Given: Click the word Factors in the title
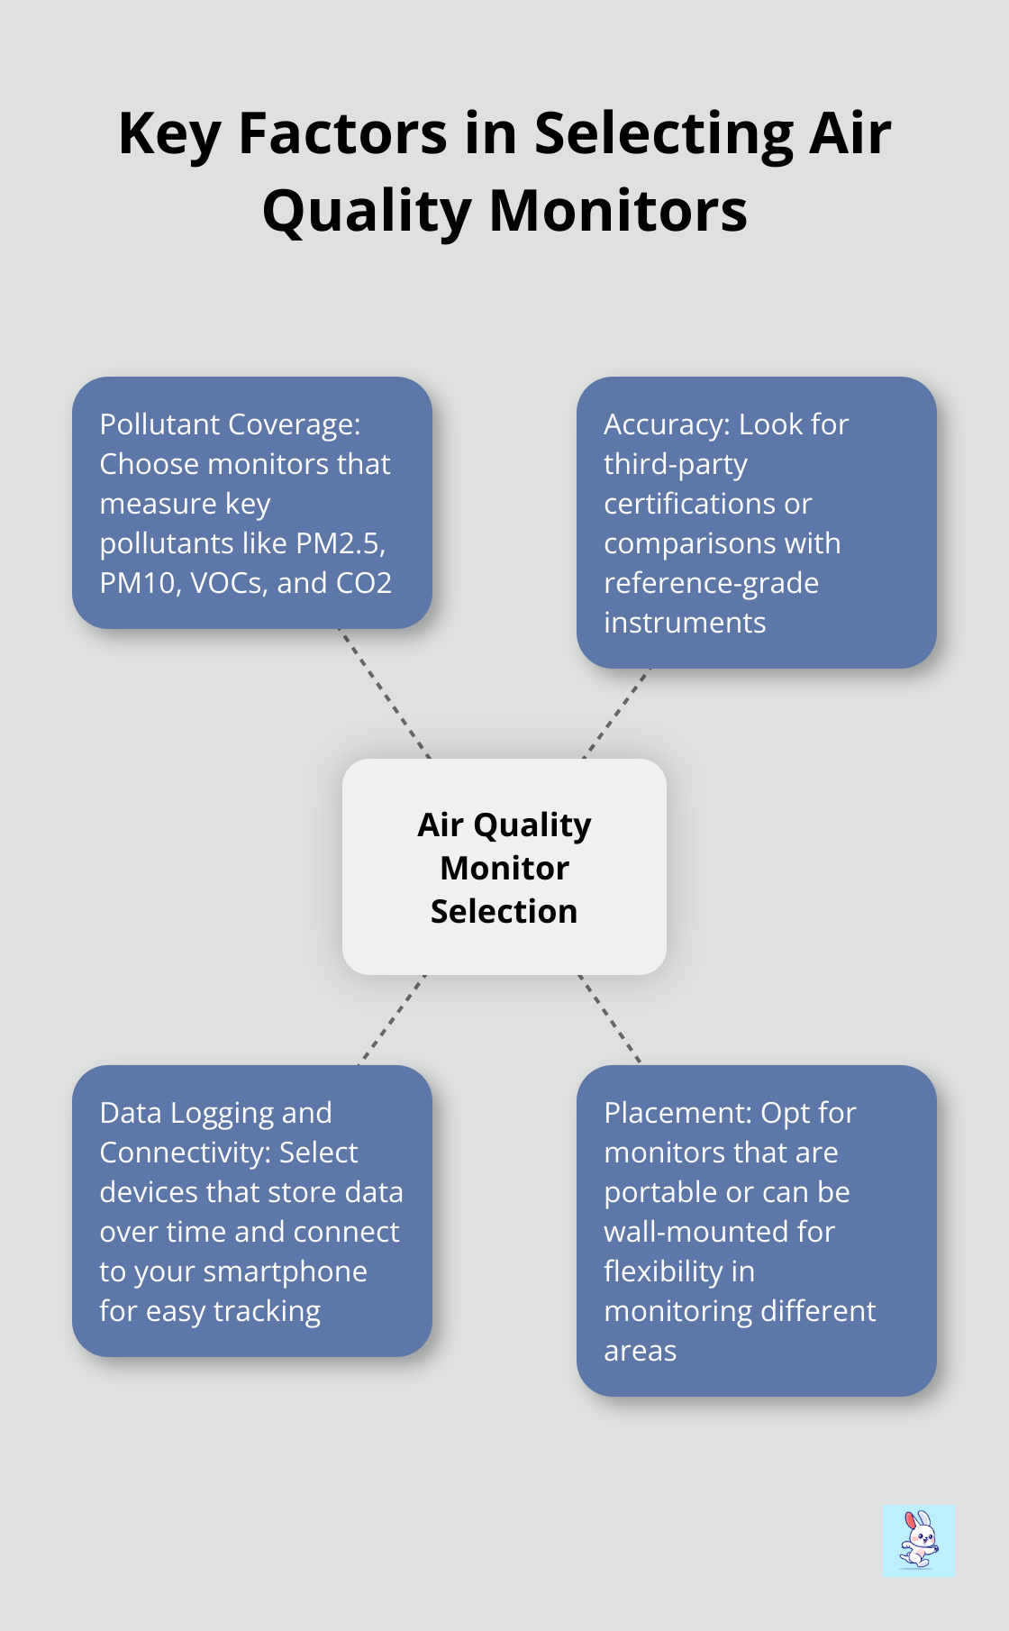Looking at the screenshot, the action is click(x=343, y=132).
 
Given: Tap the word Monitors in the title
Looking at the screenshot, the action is click(x=618, y=210).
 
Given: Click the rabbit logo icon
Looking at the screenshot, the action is click(x=919, y=1540).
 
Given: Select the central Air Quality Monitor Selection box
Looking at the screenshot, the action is click(x=504, y=867).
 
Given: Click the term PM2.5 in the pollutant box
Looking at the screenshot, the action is click(x=332, y=543).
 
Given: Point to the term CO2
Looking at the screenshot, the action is click(x=364, y=583).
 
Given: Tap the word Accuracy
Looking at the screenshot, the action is click(x=668, y=424).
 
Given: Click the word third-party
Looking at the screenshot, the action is click(x=676, y=464).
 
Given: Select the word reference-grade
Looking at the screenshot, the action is click(x=711, y=583).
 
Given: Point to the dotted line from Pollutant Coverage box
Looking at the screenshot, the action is click(x=385, y=694).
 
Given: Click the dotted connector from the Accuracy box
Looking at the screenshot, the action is click(x=616, y=714).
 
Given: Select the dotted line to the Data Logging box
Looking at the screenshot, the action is click(x=392, y=1020).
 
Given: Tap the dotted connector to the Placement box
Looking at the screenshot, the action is click(x=609, y=1020).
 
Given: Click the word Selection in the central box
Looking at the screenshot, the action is click(x=504, y=911).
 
